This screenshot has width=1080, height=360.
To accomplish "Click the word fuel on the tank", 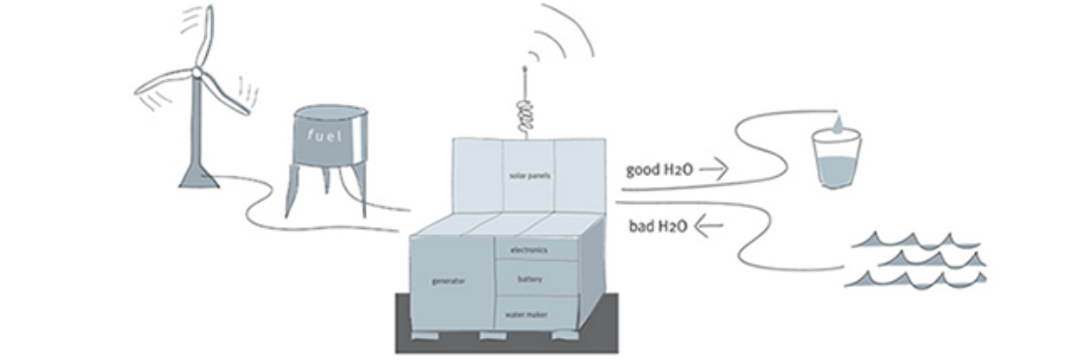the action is click(x=326, y=136).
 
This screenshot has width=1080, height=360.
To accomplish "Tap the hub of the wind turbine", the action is click(x=197, y=71).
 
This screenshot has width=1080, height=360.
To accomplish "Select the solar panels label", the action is click(x=528, y=175).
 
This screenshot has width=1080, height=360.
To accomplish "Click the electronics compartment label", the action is click(x=529, y=250).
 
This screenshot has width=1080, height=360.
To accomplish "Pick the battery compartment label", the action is click(x=529, y=279).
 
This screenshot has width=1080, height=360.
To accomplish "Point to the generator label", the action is click(x=447, y=281).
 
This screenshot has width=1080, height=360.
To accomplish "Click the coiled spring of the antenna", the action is click(x=525, y=113).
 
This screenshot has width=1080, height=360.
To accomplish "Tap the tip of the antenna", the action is click(x=525, y=67).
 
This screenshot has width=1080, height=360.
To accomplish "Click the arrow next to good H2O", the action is click(x=714, y=168).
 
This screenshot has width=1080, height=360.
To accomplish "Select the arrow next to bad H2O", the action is click(x=708, y=226).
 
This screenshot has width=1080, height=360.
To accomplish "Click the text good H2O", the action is click(x=657, y=169).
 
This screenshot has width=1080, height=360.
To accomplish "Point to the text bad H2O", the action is click(x=657, y=226).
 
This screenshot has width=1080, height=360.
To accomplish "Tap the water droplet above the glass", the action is click(x=836, y=124).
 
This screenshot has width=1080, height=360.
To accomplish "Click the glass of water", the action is click(x=836, y=162).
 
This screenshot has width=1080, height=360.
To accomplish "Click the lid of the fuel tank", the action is click(x=330, y=113).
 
